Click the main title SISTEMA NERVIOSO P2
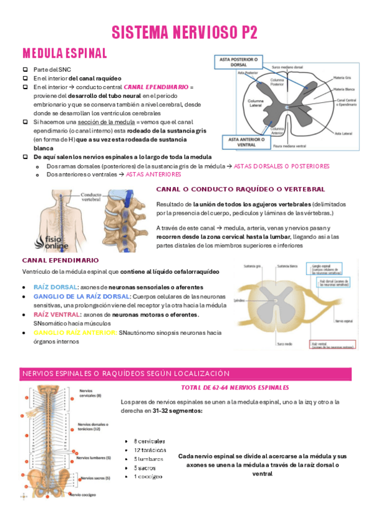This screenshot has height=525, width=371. click(x=185, y=33)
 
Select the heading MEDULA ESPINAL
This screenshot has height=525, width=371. click(x=65, y=53)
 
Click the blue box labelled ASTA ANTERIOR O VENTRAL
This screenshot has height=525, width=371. click(x=240, y=142)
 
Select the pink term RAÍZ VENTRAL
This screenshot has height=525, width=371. click(x=57, y=315)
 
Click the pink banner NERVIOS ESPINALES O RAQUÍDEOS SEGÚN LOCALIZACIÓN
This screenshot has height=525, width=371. click(x=126, y=374)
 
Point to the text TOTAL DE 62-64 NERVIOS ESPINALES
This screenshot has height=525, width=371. click(x=235, y=388)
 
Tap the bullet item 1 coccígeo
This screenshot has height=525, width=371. click(x=149, y=477)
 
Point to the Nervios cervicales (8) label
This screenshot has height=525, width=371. click(x=92, y=393)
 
